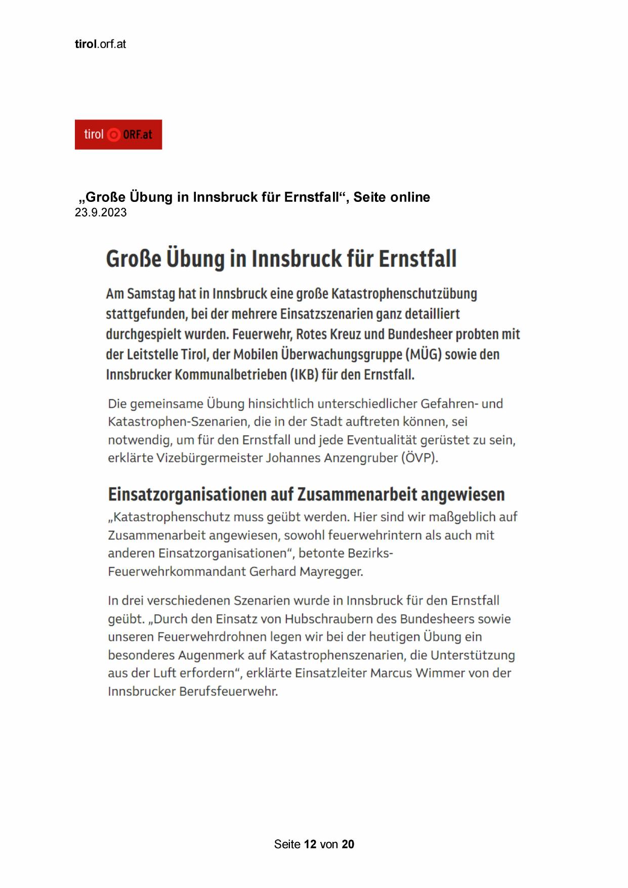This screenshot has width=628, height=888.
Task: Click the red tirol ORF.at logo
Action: [118, 135]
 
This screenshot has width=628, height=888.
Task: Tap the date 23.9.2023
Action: [101, 213]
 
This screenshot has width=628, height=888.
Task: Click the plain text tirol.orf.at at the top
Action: [100, 44]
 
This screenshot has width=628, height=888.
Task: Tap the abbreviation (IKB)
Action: [304, 375]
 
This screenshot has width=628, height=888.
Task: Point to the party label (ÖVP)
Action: [420, 458]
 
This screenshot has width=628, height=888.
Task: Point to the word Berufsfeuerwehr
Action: [228, 691]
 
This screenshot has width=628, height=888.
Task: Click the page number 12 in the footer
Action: [310, 844]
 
